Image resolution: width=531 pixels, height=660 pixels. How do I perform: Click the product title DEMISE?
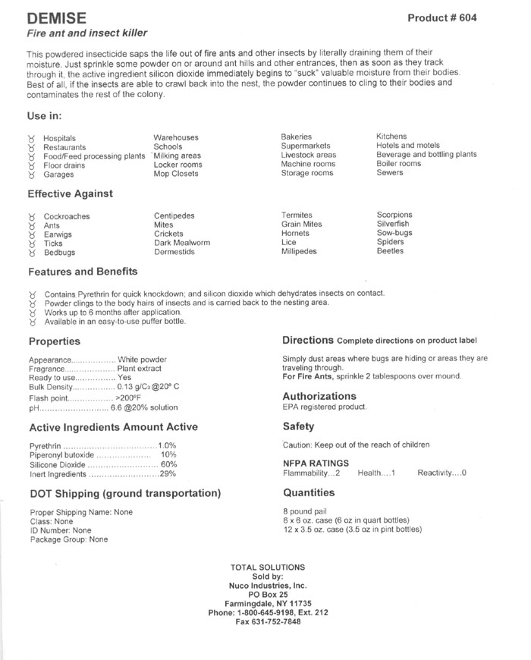[x=57, y=17]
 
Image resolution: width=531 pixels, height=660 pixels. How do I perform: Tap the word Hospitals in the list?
[x=60, y=138]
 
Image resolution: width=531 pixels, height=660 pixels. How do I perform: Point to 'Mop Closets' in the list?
[x=176, y=173]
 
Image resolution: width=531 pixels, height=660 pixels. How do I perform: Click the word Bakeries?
[x=297, y=137]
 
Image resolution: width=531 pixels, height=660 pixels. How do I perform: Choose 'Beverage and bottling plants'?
[x=426, y=155]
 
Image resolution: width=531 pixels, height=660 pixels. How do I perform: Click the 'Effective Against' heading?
[x=71, y=193]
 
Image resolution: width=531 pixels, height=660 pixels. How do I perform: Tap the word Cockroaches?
[x=67, y=216]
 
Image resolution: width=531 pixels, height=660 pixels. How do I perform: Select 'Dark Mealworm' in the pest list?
[x=182, y=243]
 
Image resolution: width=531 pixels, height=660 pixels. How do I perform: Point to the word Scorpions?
[x=394, y=215]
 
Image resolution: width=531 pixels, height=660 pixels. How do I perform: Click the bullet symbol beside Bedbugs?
[x=32, y=253]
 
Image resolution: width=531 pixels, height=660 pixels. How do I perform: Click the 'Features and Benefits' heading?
[x=83, y=272]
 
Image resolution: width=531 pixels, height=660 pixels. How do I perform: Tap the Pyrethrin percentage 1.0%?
[x=167, y=445]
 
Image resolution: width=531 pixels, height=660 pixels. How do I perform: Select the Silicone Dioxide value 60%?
[x=168, y=464]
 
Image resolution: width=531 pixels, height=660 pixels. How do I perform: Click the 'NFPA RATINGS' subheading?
[x=316, y=462]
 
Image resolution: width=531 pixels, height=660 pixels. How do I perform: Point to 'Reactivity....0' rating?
[x=441, y=473]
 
